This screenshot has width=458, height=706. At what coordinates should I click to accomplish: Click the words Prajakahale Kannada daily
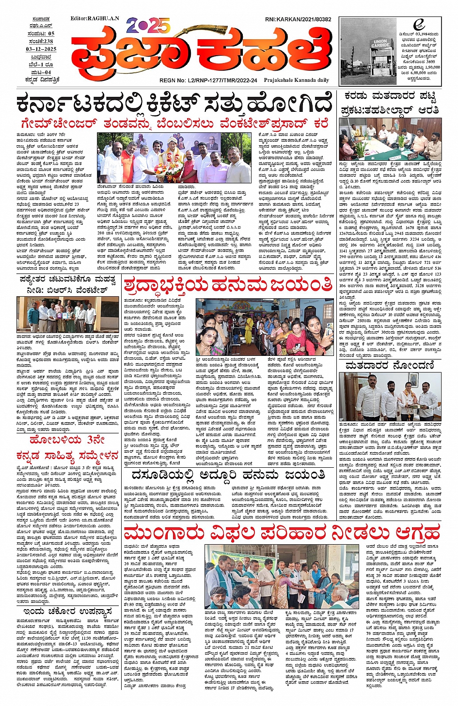[296, 80]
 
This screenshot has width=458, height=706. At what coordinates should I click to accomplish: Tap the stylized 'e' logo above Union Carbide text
[418, 25]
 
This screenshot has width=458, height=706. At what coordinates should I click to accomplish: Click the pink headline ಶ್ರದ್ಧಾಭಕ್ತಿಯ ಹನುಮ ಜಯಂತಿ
[228, 285]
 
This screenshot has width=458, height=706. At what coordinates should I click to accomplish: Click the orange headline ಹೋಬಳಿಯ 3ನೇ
[67, 440]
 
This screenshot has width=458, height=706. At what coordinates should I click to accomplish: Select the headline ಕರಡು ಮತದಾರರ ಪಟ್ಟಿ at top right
[390, 96]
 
